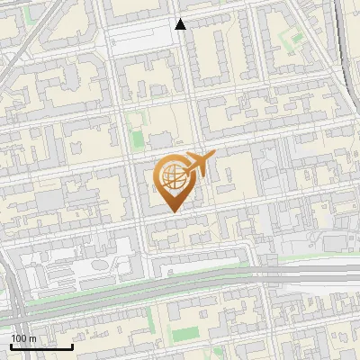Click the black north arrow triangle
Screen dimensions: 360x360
[180, 24]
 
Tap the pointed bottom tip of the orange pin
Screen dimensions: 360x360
[174, 211]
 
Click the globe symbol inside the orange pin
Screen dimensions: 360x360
[173, 176]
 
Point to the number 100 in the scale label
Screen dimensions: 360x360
[19, 338]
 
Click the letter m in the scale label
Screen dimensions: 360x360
[32, 338]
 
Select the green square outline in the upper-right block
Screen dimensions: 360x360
[290, 38]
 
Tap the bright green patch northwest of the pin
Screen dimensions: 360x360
[137, 140]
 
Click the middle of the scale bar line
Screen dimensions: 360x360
[41, 346]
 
